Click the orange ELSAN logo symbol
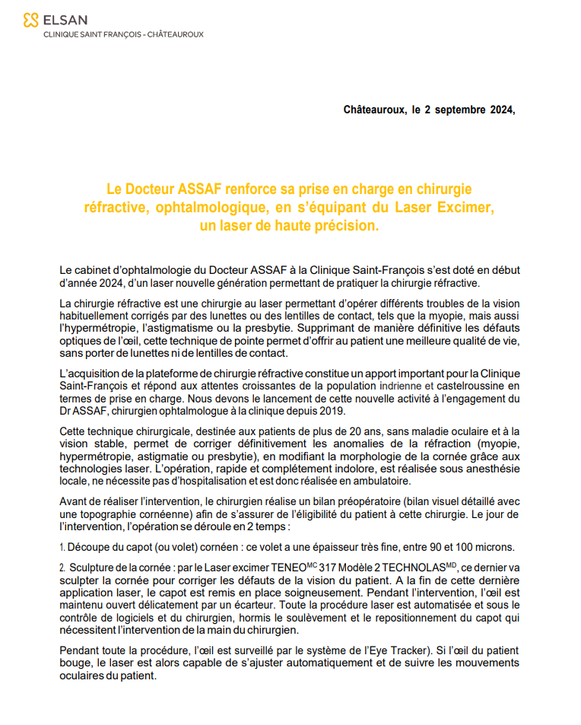click(31, 19)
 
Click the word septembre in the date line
click(456, 110)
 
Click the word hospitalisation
click(214, 482)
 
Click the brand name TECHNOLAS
click(415, 568)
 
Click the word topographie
click(110, 514)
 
